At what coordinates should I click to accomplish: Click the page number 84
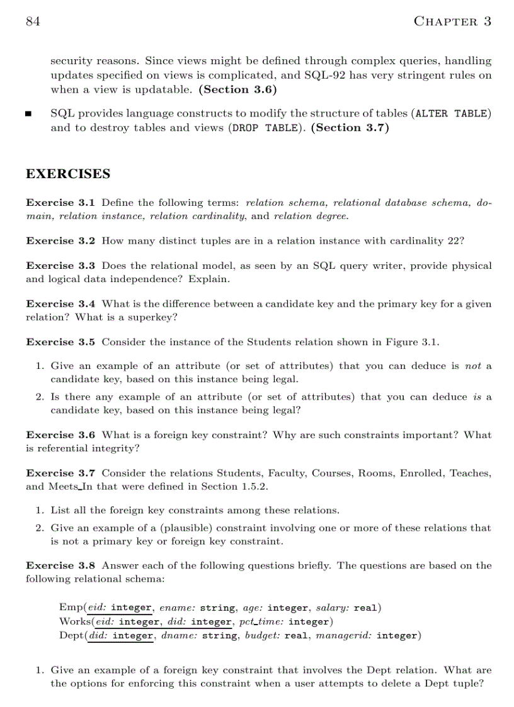pyautogui.click(x=33, y=21)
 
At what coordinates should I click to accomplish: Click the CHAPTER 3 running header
pyautogui.click(x=452, y=21)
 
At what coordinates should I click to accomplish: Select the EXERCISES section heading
pyautogui.click(x=68, y=174)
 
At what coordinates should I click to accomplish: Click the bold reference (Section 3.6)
pyautogui.click(x=237, y=89)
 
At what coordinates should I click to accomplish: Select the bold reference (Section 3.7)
pyautogui.click(x=350, y=128)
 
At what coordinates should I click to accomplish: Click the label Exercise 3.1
pyautogui.click(x=60, y=203)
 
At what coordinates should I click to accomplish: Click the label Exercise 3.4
pyautogui.click(x=60, y=304)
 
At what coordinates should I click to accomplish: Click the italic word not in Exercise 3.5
pyautogui.click(x=472, y=366)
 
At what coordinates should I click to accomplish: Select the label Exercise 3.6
pyautogui.click(x=60, y=435)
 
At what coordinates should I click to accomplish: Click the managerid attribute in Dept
pyautogui.click(x=343, y=635)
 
